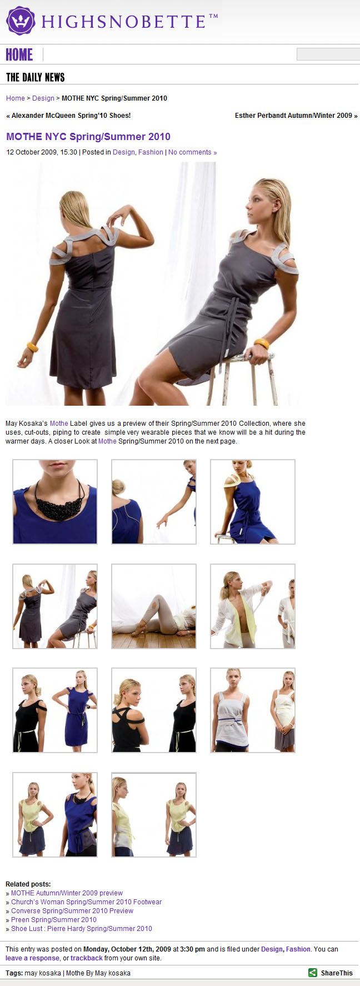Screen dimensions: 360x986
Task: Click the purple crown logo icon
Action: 21,21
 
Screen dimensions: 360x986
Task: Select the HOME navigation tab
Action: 19,54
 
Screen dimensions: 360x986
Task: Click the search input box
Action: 328,54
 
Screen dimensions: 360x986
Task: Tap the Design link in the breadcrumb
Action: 43,98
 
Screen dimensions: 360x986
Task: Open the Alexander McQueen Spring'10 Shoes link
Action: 68,116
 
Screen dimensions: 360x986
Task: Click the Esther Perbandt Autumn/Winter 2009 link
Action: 296,116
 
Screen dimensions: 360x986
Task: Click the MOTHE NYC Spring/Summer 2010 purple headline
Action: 88,137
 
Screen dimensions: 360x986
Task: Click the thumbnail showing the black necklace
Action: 55,502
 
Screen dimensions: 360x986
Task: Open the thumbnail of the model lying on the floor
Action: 154,606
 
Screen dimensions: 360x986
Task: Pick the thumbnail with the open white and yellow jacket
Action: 253,606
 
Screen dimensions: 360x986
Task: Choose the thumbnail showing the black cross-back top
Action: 154,710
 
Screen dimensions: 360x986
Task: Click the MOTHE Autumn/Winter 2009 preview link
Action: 67,893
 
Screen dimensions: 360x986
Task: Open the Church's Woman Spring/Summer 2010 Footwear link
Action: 87,902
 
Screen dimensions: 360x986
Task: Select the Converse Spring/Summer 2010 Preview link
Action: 72,911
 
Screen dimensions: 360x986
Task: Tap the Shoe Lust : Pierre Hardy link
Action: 82,929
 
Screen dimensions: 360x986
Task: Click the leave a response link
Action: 32,958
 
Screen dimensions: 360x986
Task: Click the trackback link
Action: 86,958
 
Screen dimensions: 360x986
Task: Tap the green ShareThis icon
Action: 313,973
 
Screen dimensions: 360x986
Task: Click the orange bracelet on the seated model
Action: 261,344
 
